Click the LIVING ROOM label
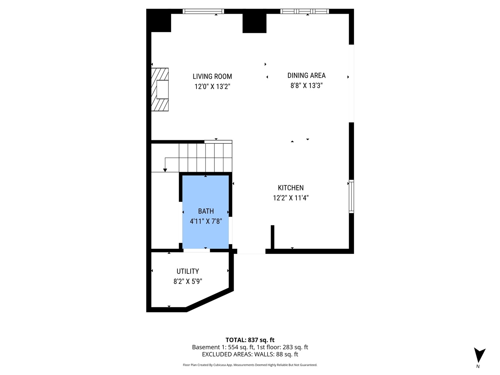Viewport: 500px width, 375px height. coord(212,77)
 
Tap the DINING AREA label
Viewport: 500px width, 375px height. coord(306,75)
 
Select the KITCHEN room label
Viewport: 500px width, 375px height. coord(291,188)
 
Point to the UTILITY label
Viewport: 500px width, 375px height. coord(187,271)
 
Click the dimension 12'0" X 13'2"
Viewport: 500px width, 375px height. coord(212,87)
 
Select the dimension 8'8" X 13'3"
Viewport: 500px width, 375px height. coord(306,86)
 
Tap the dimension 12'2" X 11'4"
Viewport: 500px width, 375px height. coord(291,198)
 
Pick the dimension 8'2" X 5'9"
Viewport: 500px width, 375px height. coord(187,281)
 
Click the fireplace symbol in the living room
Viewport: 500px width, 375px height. coord(161,90)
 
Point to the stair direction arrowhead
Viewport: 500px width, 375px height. coord(165,170)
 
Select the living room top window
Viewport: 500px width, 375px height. coord(204,11)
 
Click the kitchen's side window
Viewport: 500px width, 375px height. coord(351,196)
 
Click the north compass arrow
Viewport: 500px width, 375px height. coord(479,355)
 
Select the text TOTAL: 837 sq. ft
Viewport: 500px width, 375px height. coord(250,340)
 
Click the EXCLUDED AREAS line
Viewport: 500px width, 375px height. coord(250,354)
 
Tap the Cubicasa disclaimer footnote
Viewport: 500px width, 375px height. coord(250,365)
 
